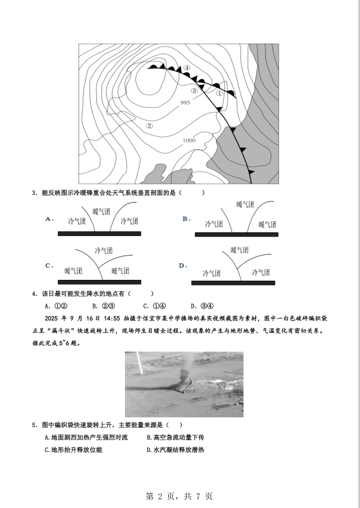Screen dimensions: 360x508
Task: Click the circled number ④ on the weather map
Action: [187, 68]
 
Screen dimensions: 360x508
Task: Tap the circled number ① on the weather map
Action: [220, 94]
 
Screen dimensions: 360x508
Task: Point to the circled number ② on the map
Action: [149, 125]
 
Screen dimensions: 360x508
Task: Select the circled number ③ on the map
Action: [195, 91]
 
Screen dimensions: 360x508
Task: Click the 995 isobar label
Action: [185, 103]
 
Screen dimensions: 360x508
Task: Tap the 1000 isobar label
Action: [189, 140]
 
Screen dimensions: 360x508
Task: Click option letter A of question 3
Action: [49, 219]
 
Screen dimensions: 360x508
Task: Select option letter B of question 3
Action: [186, 219]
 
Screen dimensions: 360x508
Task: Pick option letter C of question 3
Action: [49, 266]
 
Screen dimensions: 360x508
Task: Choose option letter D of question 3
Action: [183, 266]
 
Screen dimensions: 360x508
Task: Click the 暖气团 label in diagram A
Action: [102, 212]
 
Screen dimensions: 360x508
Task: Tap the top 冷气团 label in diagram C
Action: [104, 250]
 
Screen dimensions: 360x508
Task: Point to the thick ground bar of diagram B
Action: [236, 234]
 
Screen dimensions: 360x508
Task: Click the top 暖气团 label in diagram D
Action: [240, 250]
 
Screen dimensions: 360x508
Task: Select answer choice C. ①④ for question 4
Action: [155, 306]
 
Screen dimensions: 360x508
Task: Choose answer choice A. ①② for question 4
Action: [56, 306]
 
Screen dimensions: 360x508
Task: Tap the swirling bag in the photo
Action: [184, 381]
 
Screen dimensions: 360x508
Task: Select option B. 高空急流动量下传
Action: [176, 437]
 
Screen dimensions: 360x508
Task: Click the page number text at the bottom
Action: [179, 496]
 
